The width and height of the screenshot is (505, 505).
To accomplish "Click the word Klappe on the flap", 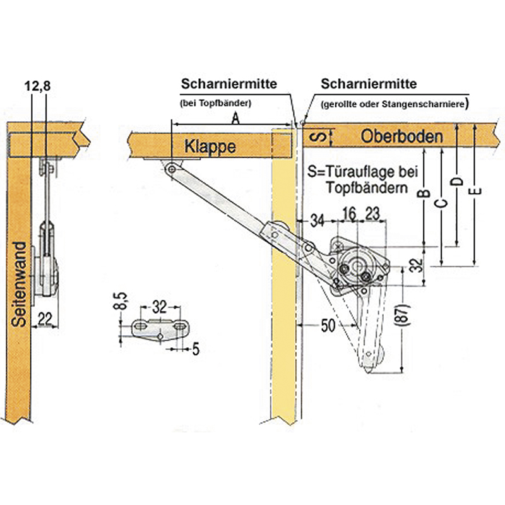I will coord(210,147).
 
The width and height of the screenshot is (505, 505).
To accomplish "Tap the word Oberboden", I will coord(402,135).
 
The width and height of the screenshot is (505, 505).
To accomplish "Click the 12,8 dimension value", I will coord(39,86).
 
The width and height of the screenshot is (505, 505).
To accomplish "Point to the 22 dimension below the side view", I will coord(44,319).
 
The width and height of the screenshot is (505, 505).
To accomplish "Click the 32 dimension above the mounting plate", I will coord(159,307).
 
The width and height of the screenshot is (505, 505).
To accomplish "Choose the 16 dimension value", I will coord(348,213).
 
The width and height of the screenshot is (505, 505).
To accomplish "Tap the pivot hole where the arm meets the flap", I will coord(170,168).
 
